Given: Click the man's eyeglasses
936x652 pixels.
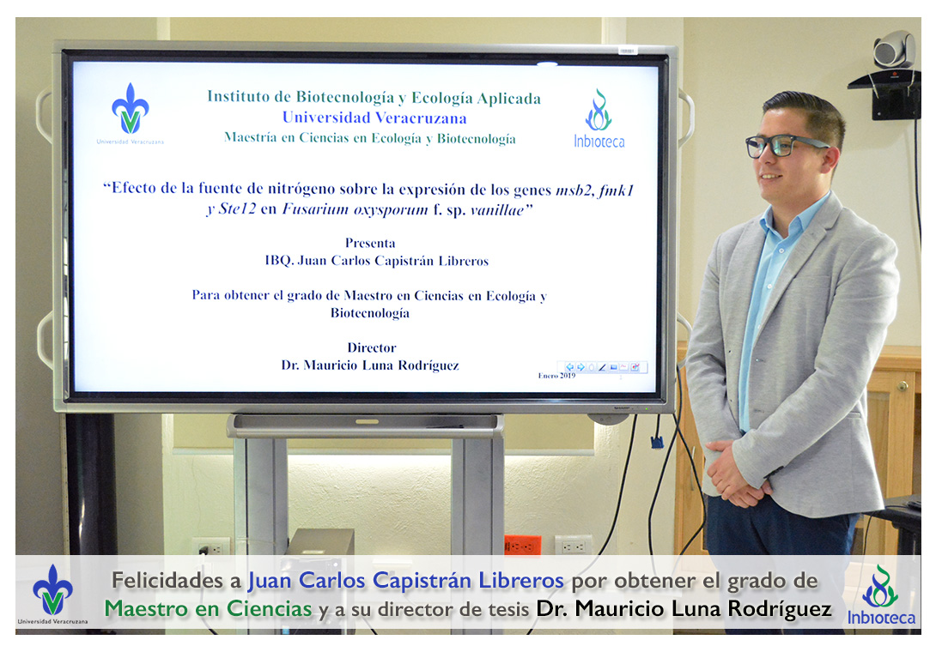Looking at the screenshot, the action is pyautogui.click(x=782, y=146).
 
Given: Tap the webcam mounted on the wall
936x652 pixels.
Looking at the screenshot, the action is pyautogui.click(x=894, y=50).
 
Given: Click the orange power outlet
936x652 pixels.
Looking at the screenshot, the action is pyautogui.click(x=522, y=545).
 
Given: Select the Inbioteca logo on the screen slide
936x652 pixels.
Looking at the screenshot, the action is pyautogui.click(x=599, y=118).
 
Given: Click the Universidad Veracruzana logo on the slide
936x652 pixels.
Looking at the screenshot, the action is pyautogui.click(x=131, y=113).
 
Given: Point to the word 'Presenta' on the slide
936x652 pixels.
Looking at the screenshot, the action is pyautogui.click(x=370, y=243).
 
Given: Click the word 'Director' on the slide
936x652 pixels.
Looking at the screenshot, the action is pyautogui.click(x=371, y=347).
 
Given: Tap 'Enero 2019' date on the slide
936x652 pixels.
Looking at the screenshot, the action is pyautogui.click(x=556, y=376).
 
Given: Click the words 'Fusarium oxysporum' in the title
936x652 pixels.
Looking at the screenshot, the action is pyautogui.click(x=355, y=209).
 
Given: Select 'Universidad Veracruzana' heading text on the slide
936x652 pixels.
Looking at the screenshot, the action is pyautogui.click(x=374, y=118).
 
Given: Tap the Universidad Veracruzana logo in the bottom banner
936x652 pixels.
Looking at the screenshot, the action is pyautogui.click(x=52, y=595).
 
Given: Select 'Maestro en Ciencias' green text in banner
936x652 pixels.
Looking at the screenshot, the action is pyautogui.click(x=208, y=608).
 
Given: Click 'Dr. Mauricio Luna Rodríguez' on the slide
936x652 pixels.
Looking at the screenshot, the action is pyautogui.click(x=370, y=365).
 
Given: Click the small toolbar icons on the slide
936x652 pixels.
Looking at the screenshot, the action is pyautogui.click(x=602, y=367).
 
